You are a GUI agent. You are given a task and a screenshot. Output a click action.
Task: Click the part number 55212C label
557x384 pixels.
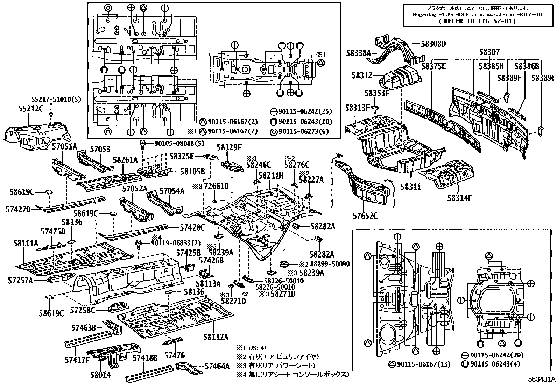(31, 109)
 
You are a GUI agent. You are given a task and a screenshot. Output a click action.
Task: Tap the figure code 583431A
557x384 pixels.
(542, 379)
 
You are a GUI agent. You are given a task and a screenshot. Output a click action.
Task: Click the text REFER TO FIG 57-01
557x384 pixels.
(477, 21)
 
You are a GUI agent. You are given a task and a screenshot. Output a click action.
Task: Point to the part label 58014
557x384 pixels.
(100, 375)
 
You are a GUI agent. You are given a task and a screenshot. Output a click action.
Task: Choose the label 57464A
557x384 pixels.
(217, 366)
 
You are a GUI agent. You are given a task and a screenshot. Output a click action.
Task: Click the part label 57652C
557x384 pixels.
(365, 216)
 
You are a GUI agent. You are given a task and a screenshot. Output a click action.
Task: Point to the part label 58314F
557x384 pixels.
(459, 198)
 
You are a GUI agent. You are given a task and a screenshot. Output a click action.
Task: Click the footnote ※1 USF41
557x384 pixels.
(252, 348)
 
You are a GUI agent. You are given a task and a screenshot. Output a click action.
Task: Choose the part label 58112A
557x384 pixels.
(216, 336)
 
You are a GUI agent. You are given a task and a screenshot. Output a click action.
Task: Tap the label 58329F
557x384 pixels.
(229, 147)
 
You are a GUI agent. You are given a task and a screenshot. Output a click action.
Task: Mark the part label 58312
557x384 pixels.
(361, 76)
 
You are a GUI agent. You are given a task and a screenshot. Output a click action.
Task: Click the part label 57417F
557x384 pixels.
(77, 359)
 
